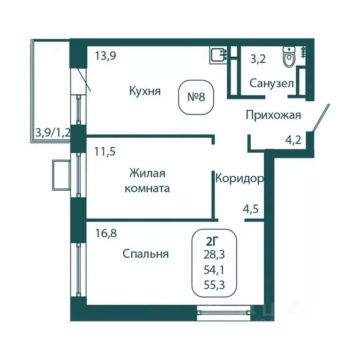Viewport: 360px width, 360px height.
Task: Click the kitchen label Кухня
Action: coord(145,91)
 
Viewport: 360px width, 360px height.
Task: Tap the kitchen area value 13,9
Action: coord(105,56)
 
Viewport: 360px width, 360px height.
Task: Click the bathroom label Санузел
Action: coord(271,83)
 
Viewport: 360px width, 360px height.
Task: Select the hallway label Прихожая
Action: coord(273,115)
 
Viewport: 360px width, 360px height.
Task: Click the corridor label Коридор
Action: coord(239,178)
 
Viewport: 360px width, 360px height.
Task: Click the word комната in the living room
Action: coord(147,188)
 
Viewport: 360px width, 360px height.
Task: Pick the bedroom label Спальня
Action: coord(145,254)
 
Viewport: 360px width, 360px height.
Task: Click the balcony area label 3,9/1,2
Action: coord(52,132)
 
